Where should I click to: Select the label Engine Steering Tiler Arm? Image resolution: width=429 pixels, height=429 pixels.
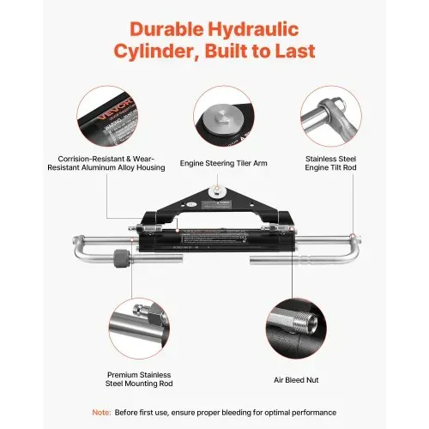pyautogui.click(x=223, y=163)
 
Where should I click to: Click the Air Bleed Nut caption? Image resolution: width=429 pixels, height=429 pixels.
pyautogui.click(x=296, y=380)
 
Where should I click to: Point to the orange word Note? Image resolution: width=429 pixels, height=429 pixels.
pyautogui.click(x=101, y=413)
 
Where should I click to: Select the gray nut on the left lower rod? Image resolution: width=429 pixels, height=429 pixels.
pyautogui.click(x=121, y=258)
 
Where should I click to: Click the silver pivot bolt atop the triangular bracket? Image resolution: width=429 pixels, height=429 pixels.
pyautogui.click(x=217, y=190)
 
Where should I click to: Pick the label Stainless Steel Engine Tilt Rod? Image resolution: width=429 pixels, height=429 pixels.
pyautogui.click(x=330, y=163)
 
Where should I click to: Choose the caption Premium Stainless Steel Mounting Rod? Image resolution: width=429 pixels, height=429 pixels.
pyautogui.click(x=139, y=379)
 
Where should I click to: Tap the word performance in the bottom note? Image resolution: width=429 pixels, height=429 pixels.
pyautogui.click(x=314, y=413)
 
